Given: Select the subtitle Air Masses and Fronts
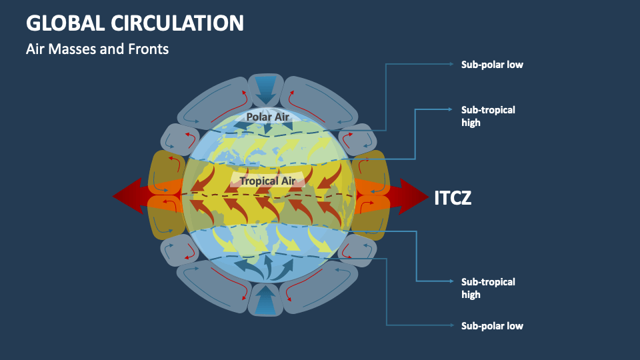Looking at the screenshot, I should click(97, 49).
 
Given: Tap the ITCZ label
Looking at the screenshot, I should click(453, 197).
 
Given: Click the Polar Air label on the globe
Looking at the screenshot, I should click(268, 117).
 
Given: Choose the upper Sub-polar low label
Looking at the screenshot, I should click(492, 65).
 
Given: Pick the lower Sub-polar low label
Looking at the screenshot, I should click(492, 326).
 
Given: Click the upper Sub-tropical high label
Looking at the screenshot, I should click(488, 116).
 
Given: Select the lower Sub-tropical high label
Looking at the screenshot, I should click(488, 288).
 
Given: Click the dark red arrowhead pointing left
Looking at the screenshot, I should click(127, 196).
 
